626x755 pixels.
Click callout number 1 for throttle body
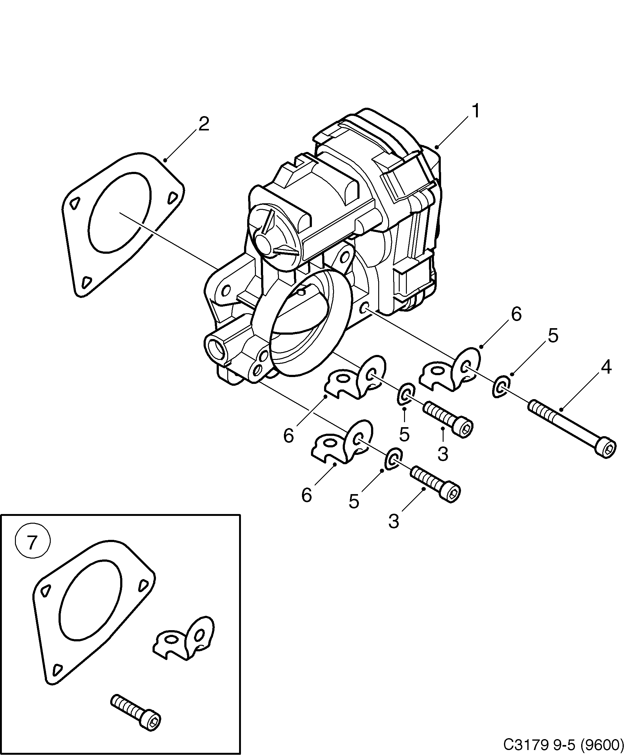pyautogui.click(x=475, y=111)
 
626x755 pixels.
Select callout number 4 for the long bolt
pyautogui.click(x=605, y=367)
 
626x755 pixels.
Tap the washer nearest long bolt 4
pyautogui.click(x=501, y=386)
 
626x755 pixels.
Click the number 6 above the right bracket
pyautogui.click(x=516, y=314)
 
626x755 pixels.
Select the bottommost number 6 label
pyautogui.click(x=306, y=495)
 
